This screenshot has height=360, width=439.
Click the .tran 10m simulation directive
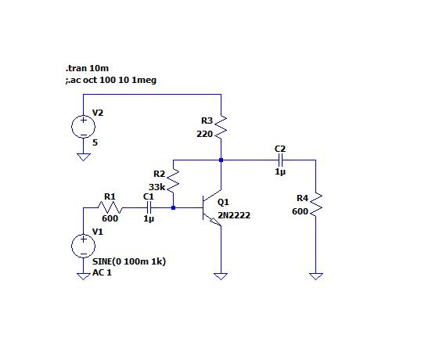[87, 68]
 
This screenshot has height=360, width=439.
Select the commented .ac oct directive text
[110, 80]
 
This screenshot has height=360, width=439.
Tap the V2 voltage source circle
[84, 127]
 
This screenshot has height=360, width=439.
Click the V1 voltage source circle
[84, 246]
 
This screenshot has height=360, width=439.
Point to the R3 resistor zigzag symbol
[221, 128]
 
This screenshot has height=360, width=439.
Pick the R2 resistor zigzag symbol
[173, 181]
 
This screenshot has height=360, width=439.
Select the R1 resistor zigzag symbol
[110, 207]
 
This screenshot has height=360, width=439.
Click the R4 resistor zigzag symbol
[316, 204]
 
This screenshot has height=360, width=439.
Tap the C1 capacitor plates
[149, 207]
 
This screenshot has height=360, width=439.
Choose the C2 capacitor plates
[280, 160]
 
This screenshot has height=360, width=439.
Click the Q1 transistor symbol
[212, 207]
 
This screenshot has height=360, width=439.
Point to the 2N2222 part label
[234, 215]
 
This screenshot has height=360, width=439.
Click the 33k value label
[157, 187]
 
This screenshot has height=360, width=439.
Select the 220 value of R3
[205, 134]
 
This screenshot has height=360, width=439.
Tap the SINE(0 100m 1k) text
[129, 261]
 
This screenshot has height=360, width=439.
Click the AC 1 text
[102, 272]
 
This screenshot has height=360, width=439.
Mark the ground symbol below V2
[84, 157]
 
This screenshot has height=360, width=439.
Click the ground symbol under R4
[316, 276]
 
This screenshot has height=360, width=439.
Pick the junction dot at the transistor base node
[173, 207]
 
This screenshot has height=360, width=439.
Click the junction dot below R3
[221, 160]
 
